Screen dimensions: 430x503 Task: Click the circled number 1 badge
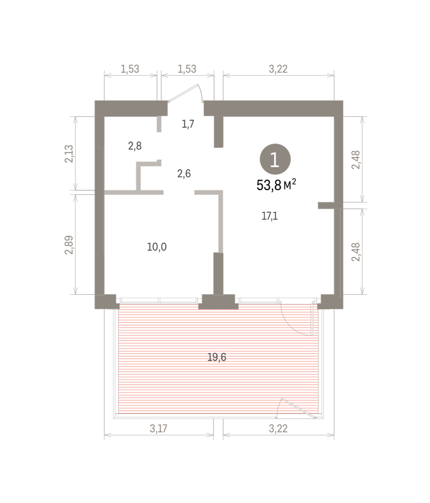pyautogui.click(x=275, y=159)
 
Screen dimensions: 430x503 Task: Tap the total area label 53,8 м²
pyautogui.click(x=276, y=185)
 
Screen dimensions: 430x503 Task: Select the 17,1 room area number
pyautogui.click(x=270, y=216)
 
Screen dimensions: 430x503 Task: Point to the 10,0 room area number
pyautogui.click(x=157, y=247)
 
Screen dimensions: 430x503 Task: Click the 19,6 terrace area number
pyautogui.click(x=217, y=357)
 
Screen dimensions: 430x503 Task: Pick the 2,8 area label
pyautogui.click(x=135, y=146)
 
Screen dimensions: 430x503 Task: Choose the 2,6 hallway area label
pyautogui.click(x=184, y=174)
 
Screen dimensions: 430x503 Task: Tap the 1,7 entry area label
pyautogui.click(x=188, y=124)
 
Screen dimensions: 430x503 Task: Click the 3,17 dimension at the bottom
pyautogui.click(x=159, y=428)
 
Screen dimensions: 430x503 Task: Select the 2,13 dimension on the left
pyautogui.click(x=69, y=153)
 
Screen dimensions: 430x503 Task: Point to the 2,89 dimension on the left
pyautogui.click(x=69, y=245)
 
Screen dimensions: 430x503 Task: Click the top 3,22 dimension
pyautogui.click(x=278, y=69)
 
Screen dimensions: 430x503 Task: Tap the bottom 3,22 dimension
pyautogui.click(x=278, y=428)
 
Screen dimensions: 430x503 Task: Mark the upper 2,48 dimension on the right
pyautogui.click(x=356, y=160)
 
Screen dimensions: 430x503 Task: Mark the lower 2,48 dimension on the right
pyautogui.click(x=356, y=252)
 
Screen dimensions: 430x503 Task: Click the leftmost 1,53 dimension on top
pyautogui.click(x=130, y=69)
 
